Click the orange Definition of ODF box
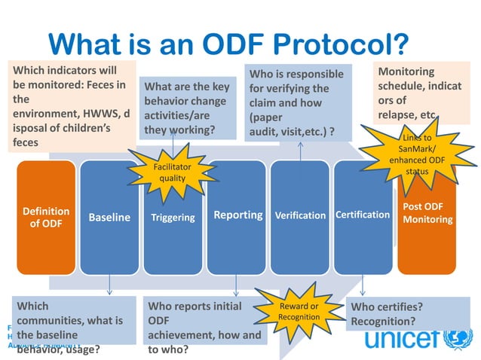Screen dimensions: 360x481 [46, 218]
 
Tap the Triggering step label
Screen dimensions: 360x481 [173, 218]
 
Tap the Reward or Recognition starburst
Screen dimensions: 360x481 [299, 311]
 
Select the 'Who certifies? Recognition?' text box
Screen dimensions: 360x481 [407, 314]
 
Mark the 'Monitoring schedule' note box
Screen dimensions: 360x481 [422, 93]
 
